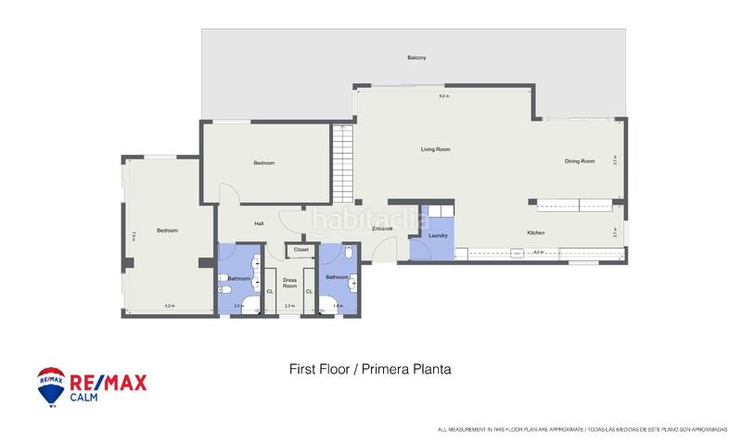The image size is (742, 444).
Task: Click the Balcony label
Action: click(416, 57)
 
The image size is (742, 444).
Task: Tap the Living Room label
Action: click(435, 148)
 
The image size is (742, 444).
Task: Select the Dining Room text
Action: click(580, 161)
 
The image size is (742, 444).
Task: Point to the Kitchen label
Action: click(535, 233)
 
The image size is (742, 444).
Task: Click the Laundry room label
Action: click(439, 235)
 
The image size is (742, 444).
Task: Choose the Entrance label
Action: click(383, 228)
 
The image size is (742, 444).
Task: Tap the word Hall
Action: click(259, 222)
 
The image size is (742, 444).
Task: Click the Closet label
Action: click(301, 249)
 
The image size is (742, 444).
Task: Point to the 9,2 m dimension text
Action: click(443, 96)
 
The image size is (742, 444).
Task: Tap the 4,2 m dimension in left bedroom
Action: click(169, 305)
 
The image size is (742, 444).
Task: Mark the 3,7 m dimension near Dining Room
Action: click(615, 159)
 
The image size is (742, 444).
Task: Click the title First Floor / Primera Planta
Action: click(370, 369)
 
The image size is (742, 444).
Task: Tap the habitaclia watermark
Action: click(369, 221)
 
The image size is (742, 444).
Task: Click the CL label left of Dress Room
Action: click(270, 292)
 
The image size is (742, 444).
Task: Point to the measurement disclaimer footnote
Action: click(583, 430)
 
